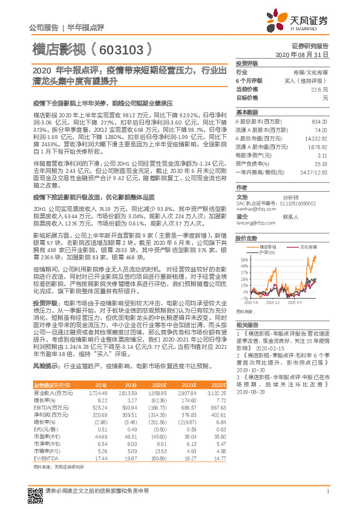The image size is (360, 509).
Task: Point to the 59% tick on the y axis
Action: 243,258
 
